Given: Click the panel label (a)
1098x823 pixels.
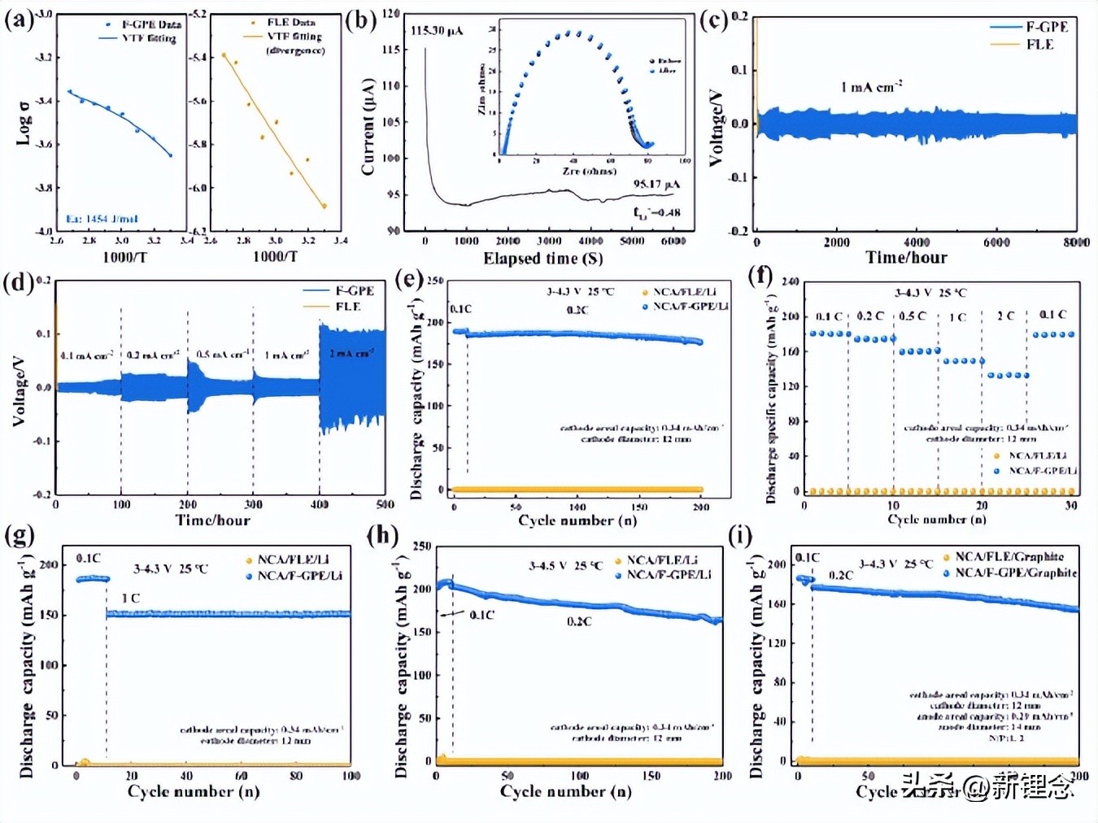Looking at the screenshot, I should coord(18,18).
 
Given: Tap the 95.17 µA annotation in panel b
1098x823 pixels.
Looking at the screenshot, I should coord(656,185).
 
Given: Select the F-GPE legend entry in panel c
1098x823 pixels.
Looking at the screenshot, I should coord(1046,27).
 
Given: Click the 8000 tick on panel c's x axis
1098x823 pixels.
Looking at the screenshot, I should coord(1075,242).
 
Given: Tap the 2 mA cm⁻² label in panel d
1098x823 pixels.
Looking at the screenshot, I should coord(351,354).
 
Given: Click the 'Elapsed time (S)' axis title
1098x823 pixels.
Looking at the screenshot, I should coord(542,259).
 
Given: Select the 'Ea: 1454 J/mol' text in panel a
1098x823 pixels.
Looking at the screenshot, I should coord(102,219).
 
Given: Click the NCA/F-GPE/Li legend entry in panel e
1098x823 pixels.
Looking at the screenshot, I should coord(690,306).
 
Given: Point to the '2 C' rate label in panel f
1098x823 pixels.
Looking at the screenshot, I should coord(1006,316).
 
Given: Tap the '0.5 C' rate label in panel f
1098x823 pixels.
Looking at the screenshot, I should coord(912,316).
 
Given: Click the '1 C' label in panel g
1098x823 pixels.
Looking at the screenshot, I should coord(130,598).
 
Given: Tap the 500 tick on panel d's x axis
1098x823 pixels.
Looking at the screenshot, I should coord(385,504).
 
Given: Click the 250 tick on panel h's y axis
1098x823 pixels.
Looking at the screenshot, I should coord(421,546).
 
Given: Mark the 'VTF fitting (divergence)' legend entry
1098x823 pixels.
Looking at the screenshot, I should coord(294,43).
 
